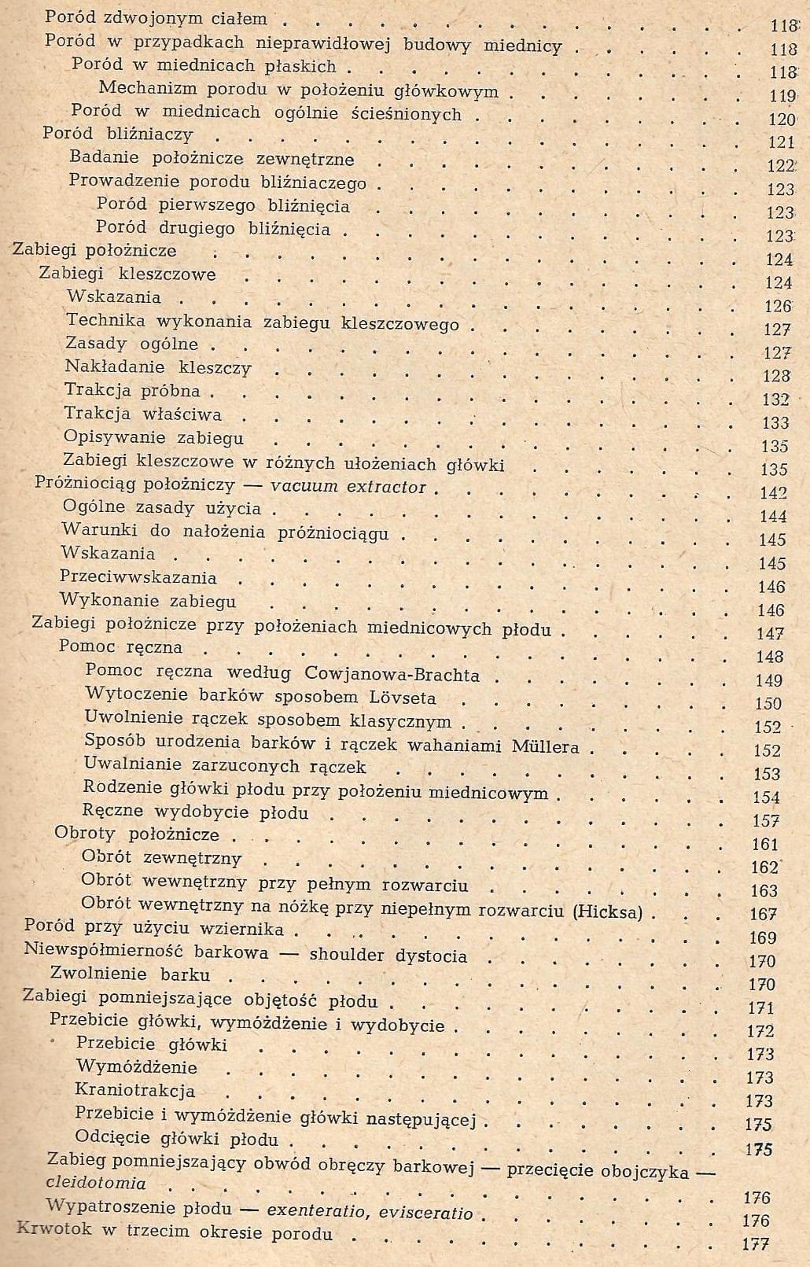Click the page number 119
pyautogui.click(x=782, y=96)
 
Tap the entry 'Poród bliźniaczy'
pyautogui.click(x=117, y=134)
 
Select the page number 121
pyautogui.click(x=782, y=142)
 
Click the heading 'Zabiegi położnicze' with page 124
pyautogui.click(x=94, y=251)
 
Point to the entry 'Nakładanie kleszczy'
pyautogui.click(x=157, y=367)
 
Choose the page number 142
pyautogui.click(x=774, y=493)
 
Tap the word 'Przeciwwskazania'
pyautogui.click(x=138, y=577)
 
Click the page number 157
pyautogui.click(x=766, y=821)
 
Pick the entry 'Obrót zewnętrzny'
pyautogui.click(x=161, y=858)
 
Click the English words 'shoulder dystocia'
pyautogui.click(x=388, y=956)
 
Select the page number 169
pyautogui.click(x=763, y=937)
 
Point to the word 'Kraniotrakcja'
pyautogui.click(x=134, y=1091)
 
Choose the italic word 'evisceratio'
pyautogui.click(x=425, y=1212)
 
